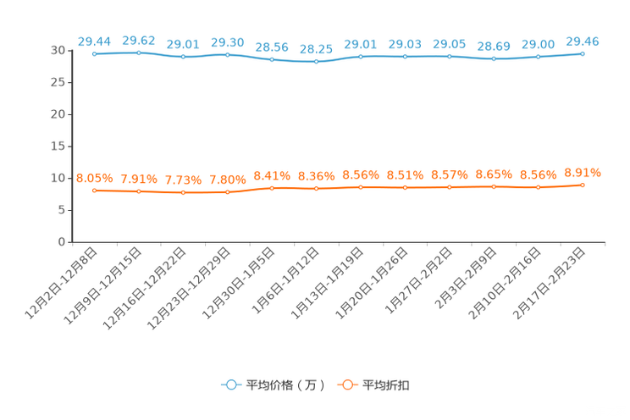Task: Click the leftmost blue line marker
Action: click(x=95, y=53)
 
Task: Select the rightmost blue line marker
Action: click(x=583, y=53)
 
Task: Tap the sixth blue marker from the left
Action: click(x=317, y=61)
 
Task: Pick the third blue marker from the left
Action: click(x=184, y=57)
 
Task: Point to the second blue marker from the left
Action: click(x=139, y=52)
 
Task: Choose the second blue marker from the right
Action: click(x=539, y=57)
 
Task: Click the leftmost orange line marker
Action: click(x=95, y=191)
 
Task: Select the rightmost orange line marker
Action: click(x=583, y=185)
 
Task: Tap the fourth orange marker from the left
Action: click(x=228, y=192)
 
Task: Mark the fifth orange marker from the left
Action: click(x=272, y=188)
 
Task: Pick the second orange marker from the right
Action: click(x=539, y=186)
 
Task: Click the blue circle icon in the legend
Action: click(x=229, y=384)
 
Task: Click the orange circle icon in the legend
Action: click(x=345, y=384)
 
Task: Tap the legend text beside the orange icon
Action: click(x=386, y=385)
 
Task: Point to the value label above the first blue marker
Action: click(x=94, y=41)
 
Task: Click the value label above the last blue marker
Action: click(x=583, y=41)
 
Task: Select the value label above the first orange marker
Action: click(x=94, y=178)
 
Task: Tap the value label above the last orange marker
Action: click(x=583, y=173)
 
